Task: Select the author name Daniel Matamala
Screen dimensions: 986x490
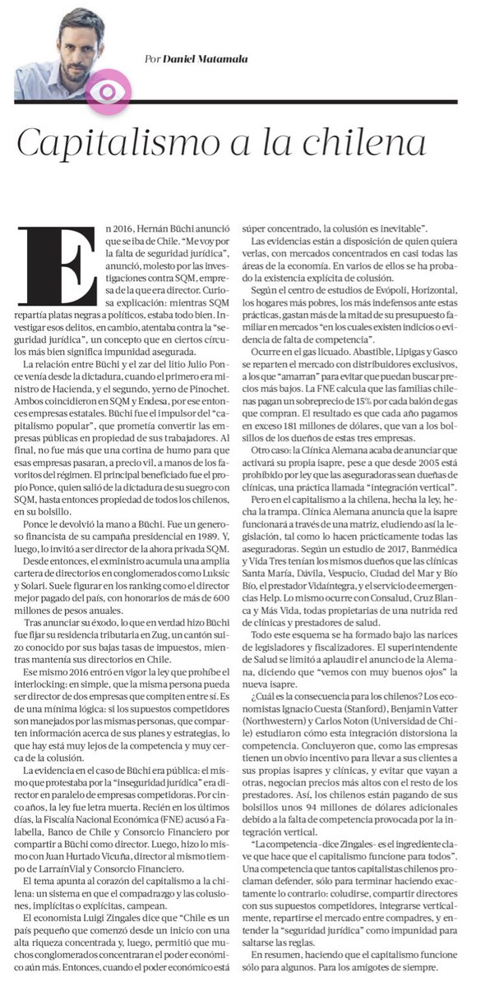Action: (199, 59)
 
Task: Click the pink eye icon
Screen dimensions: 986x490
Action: (109, 88)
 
